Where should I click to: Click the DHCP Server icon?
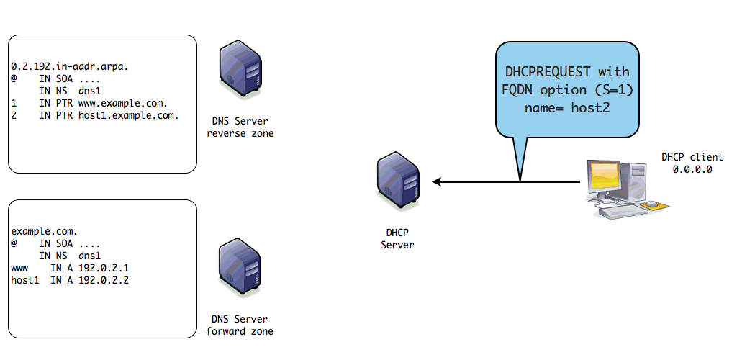click(397, 182)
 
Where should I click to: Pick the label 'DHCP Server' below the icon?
click(397, 239)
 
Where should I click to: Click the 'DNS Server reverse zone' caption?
click(240, 127)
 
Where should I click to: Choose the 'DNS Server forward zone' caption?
click(240, 325)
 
